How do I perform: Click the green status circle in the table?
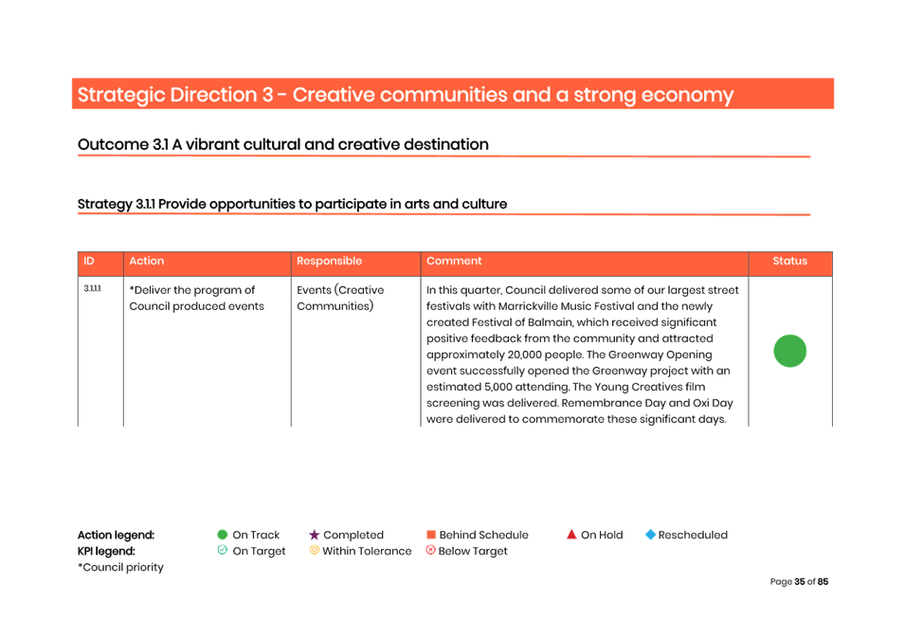789,351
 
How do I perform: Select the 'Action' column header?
147,262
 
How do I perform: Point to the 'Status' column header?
789,262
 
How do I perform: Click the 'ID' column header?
88,262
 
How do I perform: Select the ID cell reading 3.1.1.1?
91,288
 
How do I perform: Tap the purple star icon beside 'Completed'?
314,535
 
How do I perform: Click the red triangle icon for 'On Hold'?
571,535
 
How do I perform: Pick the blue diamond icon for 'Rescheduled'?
650,535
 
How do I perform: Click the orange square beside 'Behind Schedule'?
430,536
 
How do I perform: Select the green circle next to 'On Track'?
222,535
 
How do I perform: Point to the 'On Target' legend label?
259,551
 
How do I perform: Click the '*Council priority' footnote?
120,567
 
